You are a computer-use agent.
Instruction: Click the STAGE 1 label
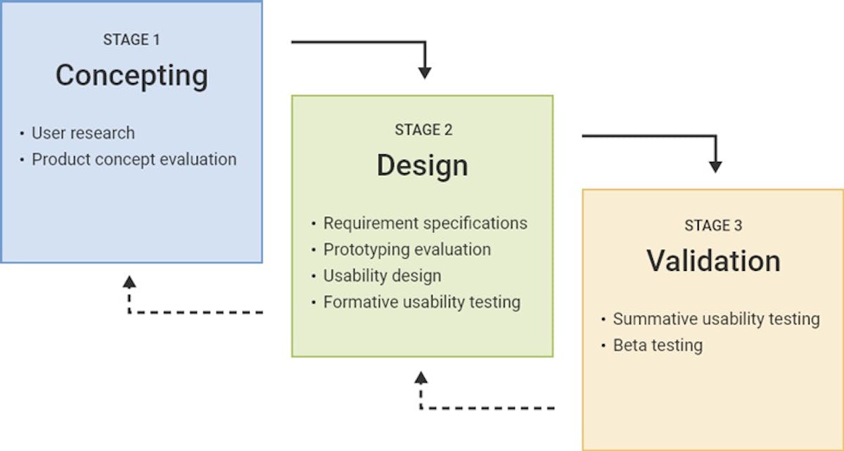point(132,40)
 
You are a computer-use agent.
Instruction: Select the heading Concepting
point(132,75)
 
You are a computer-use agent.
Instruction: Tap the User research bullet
point(83,132)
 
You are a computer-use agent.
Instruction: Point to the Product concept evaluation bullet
point(134,159)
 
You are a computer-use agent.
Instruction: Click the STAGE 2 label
point(423,130)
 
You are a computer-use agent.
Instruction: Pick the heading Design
point(422,165)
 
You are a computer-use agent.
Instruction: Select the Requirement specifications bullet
point(425,223)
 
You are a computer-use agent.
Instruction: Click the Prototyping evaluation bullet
point(407,249)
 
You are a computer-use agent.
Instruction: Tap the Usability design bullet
point(382,276)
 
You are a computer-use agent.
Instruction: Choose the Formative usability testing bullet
point(421,302)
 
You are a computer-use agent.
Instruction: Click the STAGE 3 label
point(713,226)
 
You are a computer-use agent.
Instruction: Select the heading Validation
point(713,261)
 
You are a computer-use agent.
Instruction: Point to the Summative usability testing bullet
point(716,319)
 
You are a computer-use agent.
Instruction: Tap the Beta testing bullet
point(658,345)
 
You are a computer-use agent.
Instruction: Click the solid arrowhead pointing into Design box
point(424,72)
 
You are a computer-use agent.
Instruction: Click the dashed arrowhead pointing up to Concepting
point(129,282)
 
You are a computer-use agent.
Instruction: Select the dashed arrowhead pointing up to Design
point(421,378)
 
